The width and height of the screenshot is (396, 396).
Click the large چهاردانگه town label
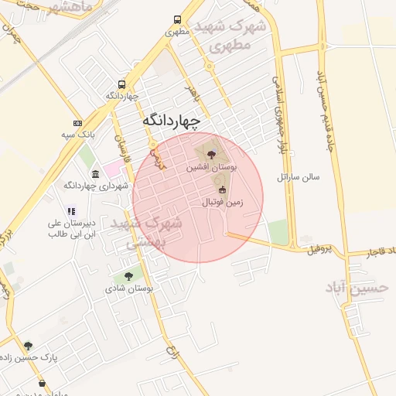click(x=171, y=121)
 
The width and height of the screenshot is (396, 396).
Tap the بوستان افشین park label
click(x=212, y=166)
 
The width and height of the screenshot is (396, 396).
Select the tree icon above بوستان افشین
click(x=213, y=155)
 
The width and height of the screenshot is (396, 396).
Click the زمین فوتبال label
click(x=223, y=202)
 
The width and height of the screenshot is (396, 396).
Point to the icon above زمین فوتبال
click(x=223, y=189)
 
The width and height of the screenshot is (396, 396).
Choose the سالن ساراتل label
click(x=299, y=177)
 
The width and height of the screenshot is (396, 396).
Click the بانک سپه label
click(x=78, y=135)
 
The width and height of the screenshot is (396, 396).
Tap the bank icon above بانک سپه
click(x=77, y=123)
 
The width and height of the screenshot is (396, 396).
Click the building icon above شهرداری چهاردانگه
click(x=95, y=173)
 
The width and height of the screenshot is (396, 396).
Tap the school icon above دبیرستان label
click(x=71, y=210)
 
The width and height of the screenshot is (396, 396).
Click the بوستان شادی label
click(x=129, y=288)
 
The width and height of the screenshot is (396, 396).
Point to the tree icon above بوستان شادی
click(x=128, y=275)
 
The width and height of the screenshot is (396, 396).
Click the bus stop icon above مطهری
click(x=178, y=21)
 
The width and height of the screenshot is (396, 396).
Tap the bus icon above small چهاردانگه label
click(x=121, y=85)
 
